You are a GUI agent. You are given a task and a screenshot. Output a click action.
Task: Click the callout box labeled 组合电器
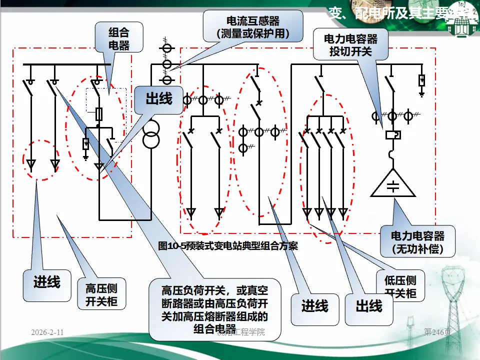click(119, 39)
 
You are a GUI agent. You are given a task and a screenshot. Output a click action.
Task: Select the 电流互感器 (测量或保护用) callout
click(253, 27)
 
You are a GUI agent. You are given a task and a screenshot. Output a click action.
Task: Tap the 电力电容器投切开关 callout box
click(350, 44)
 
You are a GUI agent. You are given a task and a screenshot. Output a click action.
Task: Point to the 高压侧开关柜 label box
click(101, 295)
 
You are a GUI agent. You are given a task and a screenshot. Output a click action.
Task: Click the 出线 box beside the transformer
click(158, 98)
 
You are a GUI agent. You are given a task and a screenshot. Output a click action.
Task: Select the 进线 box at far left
click(46, 282)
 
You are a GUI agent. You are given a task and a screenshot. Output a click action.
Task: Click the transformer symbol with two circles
click(151, 134)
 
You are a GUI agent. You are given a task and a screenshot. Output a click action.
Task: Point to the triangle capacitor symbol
click(393, 184)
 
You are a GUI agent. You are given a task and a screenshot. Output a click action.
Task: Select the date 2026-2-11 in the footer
click(47, 332)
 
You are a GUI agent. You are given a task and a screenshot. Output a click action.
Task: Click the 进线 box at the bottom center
click(314, 306)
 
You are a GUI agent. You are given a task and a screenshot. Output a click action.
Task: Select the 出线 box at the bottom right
click(369, 306)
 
